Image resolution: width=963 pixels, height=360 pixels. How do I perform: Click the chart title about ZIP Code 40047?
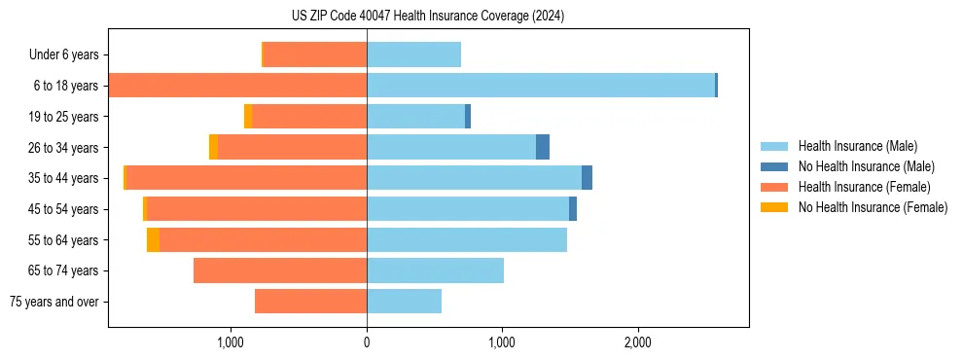coord(427,17)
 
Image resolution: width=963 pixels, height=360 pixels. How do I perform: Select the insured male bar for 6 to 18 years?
coord(540,86)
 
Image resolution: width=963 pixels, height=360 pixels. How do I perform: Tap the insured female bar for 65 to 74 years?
coord(280,270)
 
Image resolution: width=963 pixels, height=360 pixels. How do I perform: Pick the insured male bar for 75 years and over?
coord(404,302)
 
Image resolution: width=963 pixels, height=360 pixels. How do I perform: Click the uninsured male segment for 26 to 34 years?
coord(543,147)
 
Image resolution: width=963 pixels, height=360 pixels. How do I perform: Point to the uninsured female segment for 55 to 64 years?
coord(153,239)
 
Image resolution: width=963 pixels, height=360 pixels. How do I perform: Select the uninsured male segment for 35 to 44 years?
coord(587,178)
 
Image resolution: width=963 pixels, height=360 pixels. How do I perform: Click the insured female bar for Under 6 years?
coord(315,54)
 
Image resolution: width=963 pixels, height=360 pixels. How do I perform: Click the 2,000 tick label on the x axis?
coord(637,342)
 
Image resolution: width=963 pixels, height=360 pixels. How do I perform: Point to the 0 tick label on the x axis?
coord(367,342)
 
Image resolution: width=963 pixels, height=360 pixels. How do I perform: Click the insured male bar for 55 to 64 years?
coord(466,239)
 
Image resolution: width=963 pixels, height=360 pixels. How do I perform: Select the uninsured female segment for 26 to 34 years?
coord(213,147)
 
